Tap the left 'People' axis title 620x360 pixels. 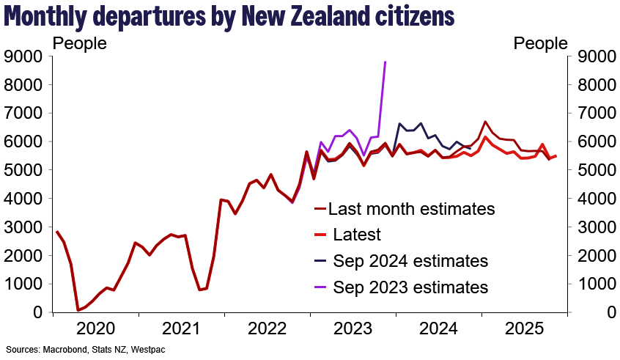tap(80, 44)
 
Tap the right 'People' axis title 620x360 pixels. tap(541, 44)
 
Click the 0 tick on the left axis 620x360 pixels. tap(39, 312)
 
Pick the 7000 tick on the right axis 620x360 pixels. tap(594, 114)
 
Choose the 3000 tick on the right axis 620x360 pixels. tap(594, 227)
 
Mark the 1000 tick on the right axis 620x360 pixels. tap(594, 284)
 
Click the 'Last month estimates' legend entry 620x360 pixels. tap(411, 209)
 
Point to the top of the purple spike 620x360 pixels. tap(385, 62)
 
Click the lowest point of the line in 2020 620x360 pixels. tap(78, 310)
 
